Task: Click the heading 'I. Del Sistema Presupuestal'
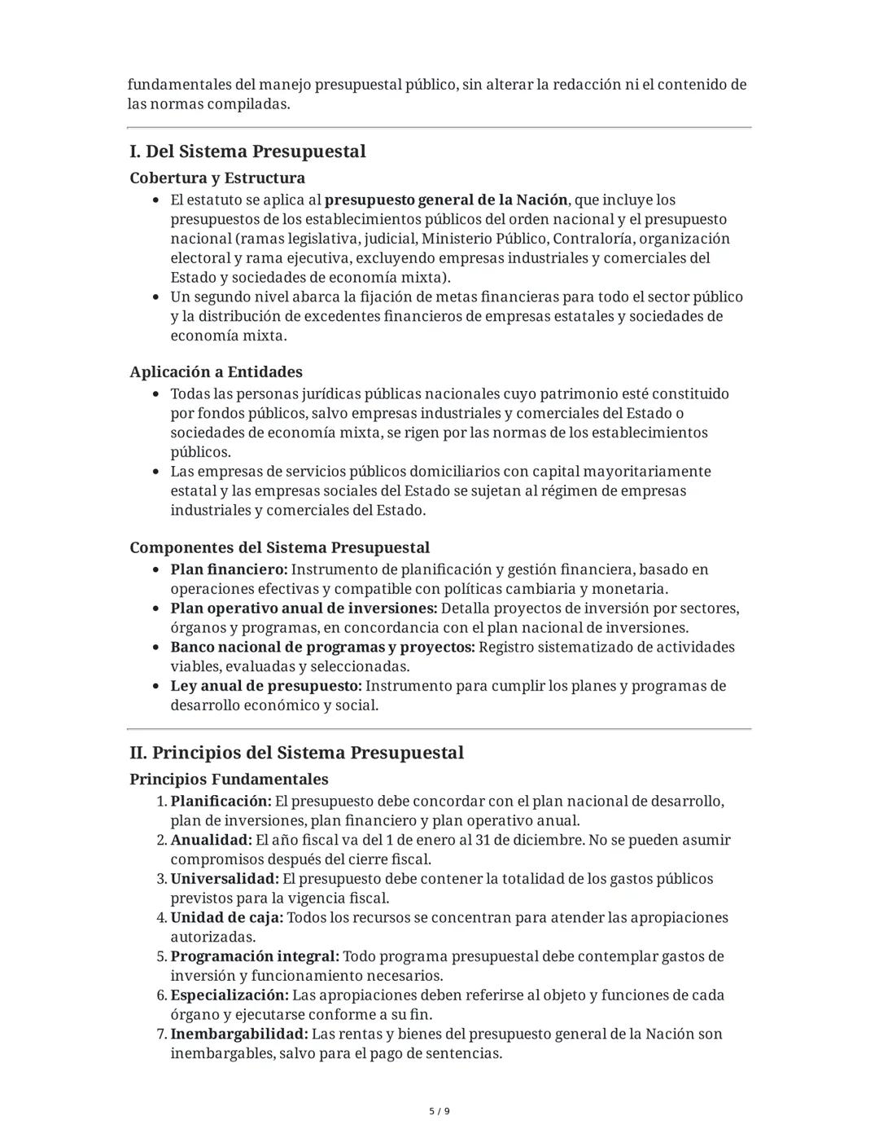click(x=247, y=152)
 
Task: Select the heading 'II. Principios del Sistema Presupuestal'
click(x=296, y=753)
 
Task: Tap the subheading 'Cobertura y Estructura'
click(x=217, y=178)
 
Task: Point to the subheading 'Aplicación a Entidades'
click(x=216, y=371)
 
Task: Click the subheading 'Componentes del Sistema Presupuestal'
click(x=279, y=547)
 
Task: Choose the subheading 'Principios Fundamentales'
click(x=229, y=779)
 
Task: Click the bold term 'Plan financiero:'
click(x=229, y=569)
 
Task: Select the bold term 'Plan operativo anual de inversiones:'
click(x=304, y=609)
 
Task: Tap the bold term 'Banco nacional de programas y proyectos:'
click(x=322, y=647)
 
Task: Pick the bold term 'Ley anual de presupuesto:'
click(x=266, y=686)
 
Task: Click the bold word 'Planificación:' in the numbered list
click(x=221, y=801)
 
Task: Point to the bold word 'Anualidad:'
click(x=212, y=840)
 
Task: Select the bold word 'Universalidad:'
click(x=225, y=879)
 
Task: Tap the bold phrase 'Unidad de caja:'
click(x=227, y=917)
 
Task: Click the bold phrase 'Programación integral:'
click(x=255, y=956)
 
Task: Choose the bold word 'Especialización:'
click(x=230, y=995)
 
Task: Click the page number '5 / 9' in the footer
click(x=439, y=1111)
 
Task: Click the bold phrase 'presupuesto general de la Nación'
click(x=445, y=200)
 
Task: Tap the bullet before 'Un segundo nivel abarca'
click(x=156, y=297)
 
